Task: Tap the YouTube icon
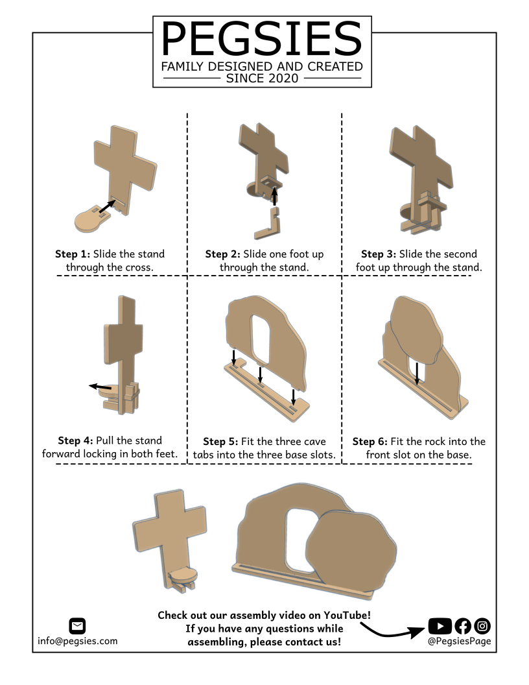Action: pos(440,626)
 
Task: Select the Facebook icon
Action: pos(463,626)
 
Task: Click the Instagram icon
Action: pos(482,626)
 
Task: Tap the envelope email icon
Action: pos(77,626)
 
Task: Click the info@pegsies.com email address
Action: pos(78,641)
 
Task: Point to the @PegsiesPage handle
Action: pos(459,641)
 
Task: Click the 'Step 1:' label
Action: pos(73,254)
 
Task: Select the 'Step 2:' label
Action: pos(222,254)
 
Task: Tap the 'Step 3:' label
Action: pos(379,254)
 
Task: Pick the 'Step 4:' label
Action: pos(75,440)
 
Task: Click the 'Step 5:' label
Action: pos(220,441)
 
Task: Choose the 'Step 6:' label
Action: pos(370,441)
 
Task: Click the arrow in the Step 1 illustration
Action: pos(108,207)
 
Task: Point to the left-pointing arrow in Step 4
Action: pos(100,387)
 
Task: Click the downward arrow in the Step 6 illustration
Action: pos(417,374)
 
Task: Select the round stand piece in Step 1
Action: pos(93,218)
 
